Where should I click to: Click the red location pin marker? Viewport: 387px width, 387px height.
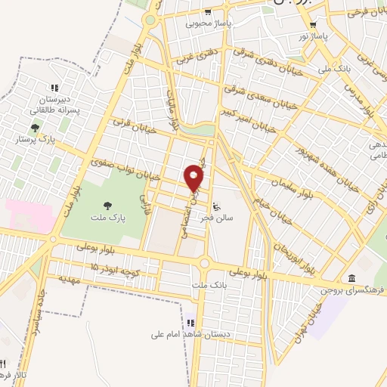tap(194, 178)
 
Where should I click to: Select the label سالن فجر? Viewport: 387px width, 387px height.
tap(216, 217)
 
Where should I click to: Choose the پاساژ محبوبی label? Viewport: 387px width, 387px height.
tap(207, 23)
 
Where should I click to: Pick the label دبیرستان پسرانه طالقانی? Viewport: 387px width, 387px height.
tap(54, 104)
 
